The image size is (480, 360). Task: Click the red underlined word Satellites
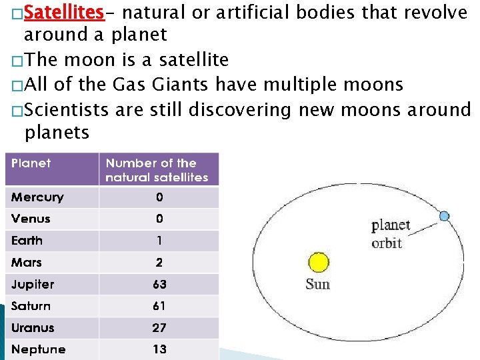[64, 13]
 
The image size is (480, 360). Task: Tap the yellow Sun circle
[319, 263]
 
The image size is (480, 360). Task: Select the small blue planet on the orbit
[445, 215]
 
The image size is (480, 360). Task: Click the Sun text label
[317, 285]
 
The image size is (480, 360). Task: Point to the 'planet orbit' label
[390, 234]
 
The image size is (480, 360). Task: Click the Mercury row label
[37, 197]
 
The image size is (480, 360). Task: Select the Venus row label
[31, 219]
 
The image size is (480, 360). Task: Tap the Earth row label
[27, 241]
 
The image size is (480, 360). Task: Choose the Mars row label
[27, 263]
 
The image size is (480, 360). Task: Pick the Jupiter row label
[33, 285]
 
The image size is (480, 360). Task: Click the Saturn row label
[31, 306]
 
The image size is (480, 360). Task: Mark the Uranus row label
[33, 328]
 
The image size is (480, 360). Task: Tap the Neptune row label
[38, 349]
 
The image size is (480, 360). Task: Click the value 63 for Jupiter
[159, 285]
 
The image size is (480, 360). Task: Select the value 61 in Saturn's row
[159, 306]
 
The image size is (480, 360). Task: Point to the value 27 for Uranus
[159, 328]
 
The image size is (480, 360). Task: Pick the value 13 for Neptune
[159, 349]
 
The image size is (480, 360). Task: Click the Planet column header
[31, 163]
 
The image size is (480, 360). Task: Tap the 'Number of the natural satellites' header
[157, 170]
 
